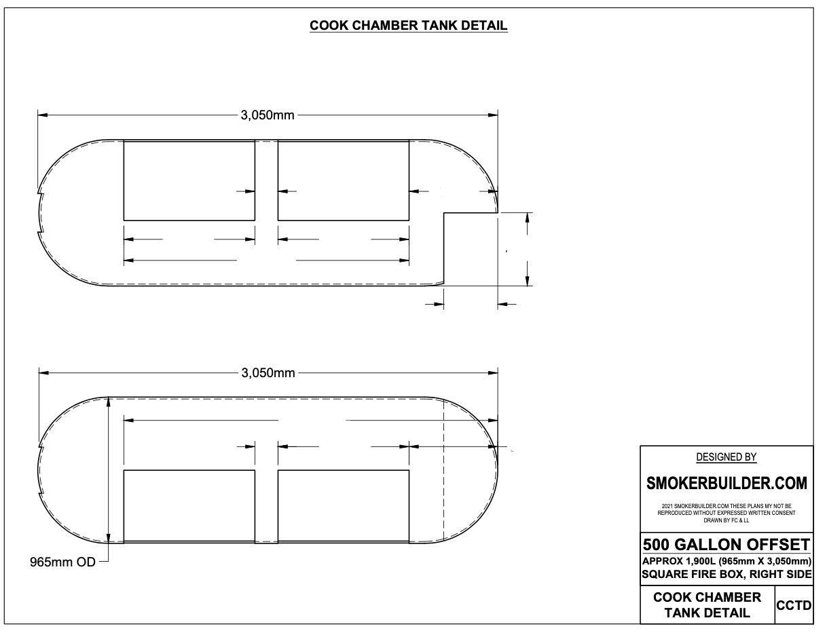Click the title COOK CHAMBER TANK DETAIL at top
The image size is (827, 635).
(x=409, y=26)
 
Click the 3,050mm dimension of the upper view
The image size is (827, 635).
(x=268, y=115)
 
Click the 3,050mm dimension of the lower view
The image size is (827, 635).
(x=268, y=372)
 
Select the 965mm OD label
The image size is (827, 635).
(x=59, y=562)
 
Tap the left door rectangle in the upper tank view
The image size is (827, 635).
(x=189, y=180)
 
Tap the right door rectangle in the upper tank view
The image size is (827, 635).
(x=344, y=180)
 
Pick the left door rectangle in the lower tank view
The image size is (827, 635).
(x=189, y=505)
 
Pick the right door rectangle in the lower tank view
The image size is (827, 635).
(x=344, y=505)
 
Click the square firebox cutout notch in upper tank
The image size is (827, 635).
(x=470, y=248)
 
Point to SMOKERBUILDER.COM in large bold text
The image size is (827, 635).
(x=727, y=484)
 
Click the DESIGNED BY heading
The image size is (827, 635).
(x=727, y=457)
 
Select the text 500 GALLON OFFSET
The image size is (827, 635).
(x=727, y=545)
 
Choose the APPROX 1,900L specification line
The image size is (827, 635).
(x=727, y=561)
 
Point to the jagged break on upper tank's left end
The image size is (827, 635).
(x=39, y=214)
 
